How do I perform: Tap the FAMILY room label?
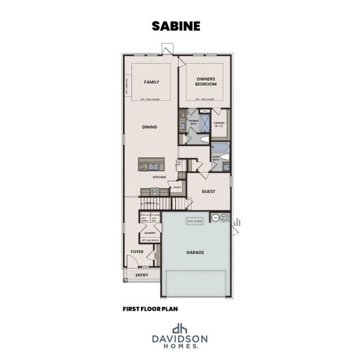[x=151, y=82]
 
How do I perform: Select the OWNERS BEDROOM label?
[x=206, y=82]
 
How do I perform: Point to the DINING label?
[x=150, y=127]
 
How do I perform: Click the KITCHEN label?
[x=159, y=178]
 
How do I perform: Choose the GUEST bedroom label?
[x=209, y=192]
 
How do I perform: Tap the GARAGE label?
[x=195, y=253]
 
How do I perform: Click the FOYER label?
[x=137, y=251]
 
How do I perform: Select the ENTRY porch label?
[x=142, y=275]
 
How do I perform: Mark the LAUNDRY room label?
[x=150, y=232]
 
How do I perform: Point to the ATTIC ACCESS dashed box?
[x=194, y=221]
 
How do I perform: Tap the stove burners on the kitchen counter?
[x=154, y=192]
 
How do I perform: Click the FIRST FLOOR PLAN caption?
[x=149, y=309]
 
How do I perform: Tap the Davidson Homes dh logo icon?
[x=179, y=328]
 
